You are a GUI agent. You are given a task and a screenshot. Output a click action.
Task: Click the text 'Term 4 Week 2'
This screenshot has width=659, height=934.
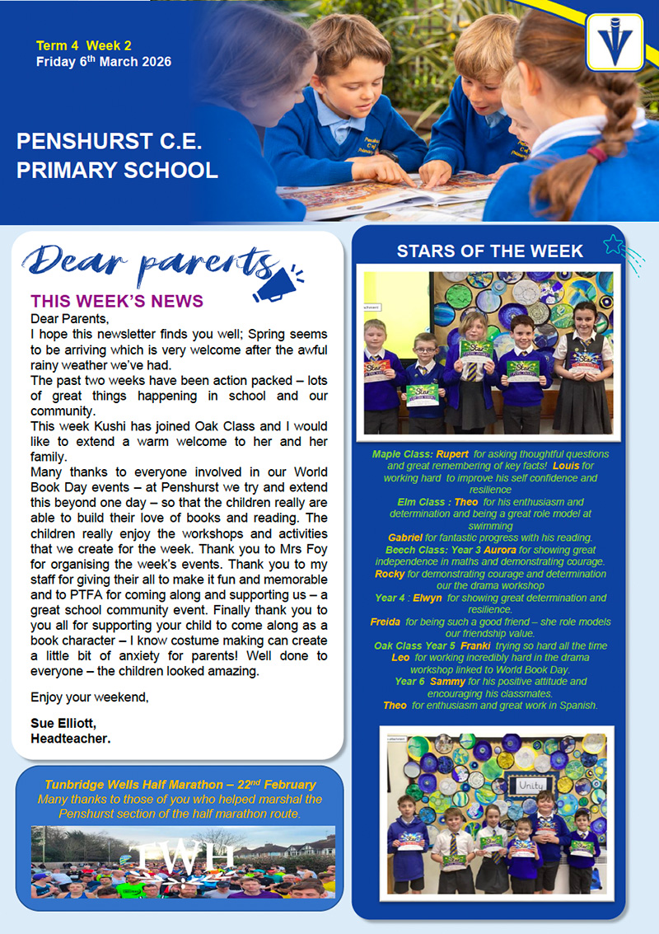click(x=84, y=46)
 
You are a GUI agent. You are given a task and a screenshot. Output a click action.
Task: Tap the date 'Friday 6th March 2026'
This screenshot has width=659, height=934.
click(x=104, y=62)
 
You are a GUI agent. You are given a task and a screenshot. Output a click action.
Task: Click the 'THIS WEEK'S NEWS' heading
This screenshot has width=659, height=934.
click(x=117, y=303)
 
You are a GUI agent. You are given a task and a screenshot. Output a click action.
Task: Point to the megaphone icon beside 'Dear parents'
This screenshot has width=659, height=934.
click(x=278, y=283)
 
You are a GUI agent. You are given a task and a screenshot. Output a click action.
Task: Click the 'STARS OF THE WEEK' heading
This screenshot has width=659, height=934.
click(x=489, y=251)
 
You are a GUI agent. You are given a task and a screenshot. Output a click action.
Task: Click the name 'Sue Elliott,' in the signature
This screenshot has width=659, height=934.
click(x=63, y=723)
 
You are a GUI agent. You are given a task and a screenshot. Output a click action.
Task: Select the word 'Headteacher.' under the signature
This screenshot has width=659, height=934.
click(x=71, y=738)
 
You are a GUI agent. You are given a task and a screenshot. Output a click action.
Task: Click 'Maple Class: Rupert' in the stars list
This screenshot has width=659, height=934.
click(x=420, y=454)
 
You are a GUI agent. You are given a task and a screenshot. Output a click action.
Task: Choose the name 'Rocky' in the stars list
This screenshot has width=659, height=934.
click(x=389, y=573)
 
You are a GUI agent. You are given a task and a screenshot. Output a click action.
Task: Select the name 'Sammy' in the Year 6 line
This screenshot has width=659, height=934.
click(x=447, y=682)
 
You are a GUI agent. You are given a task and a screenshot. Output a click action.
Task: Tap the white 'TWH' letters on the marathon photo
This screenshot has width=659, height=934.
click(x=182, y=858)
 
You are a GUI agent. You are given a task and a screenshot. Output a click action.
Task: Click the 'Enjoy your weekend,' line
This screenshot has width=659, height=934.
click(x=91, y=697)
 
